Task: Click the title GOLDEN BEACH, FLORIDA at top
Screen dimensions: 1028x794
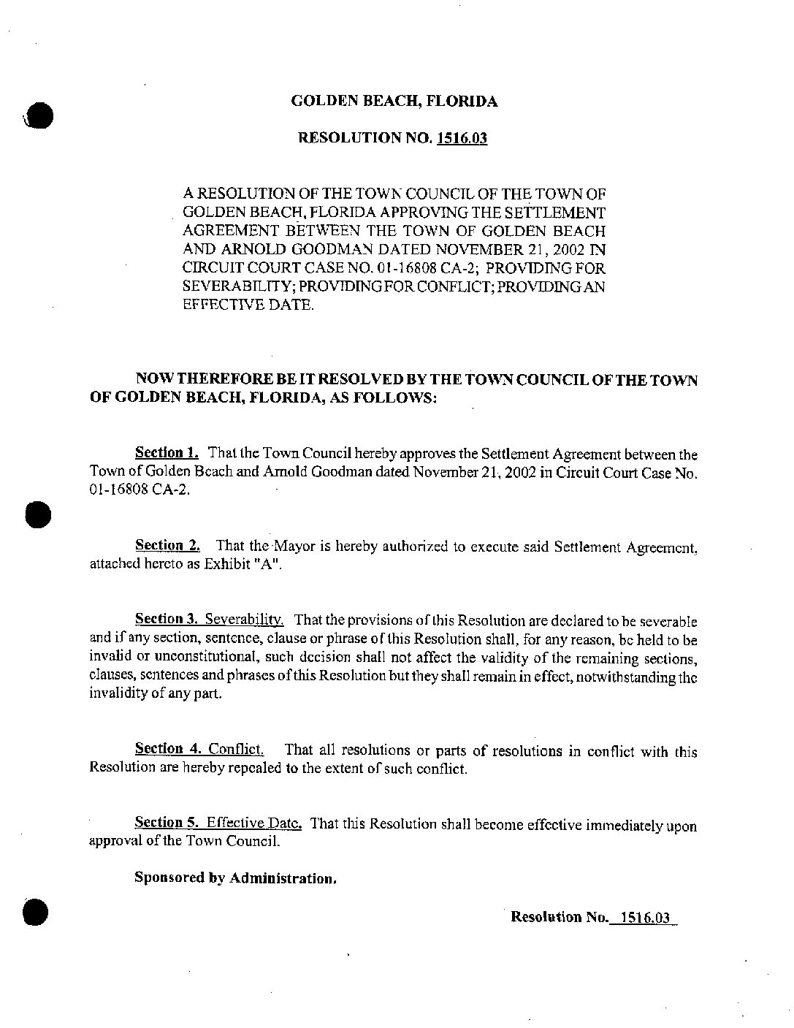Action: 394,102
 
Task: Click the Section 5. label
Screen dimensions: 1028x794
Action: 167,823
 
